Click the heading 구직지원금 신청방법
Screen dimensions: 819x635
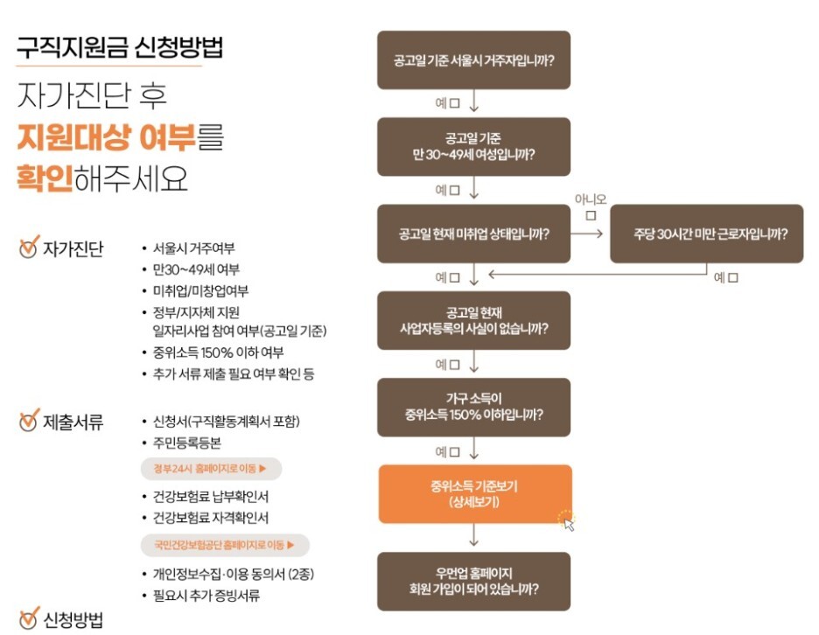(120, 47)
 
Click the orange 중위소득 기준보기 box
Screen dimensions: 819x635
(474, 494)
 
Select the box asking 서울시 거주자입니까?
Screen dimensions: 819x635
(473, 59)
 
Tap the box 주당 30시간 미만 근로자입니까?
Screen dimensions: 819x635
(706, 234)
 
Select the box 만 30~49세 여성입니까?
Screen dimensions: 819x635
(473, 146)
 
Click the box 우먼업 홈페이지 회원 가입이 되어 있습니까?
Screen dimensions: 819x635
(473, 581)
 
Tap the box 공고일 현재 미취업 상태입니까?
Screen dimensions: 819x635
(473, 234)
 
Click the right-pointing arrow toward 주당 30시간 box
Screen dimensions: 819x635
(590, 234)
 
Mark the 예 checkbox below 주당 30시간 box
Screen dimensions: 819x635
(732, 277)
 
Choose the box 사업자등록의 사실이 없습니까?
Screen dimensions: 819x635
(473, 320)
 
